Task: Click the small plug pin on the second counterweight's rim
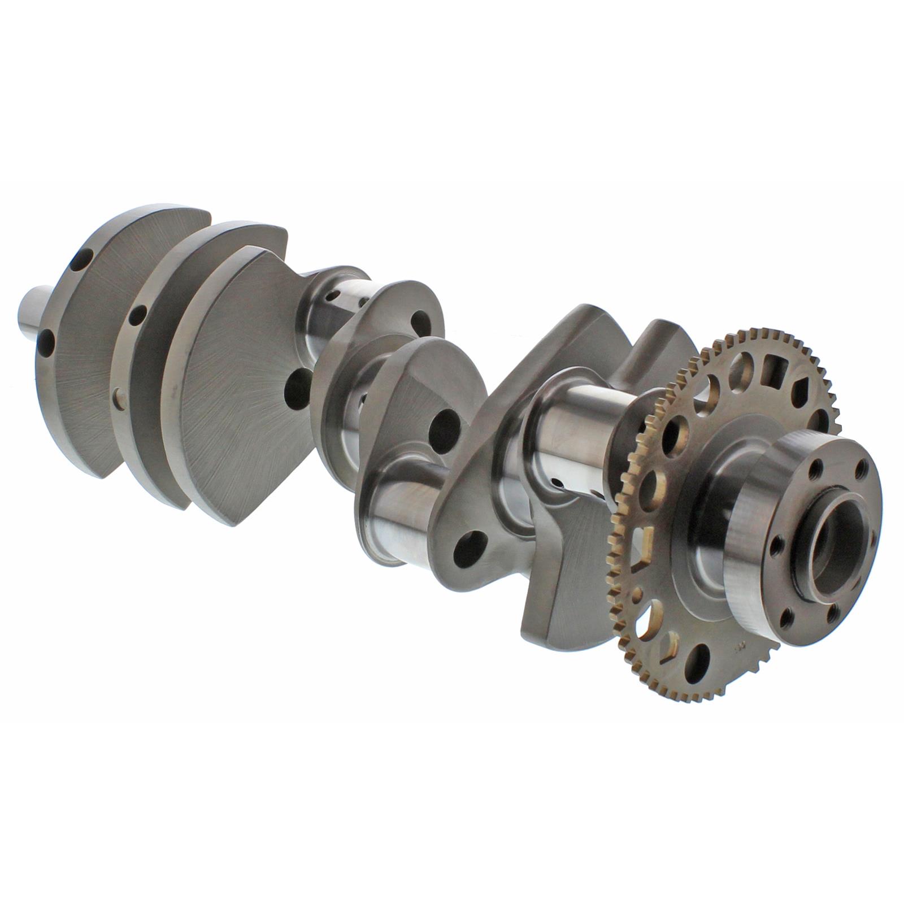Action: click(118, 393)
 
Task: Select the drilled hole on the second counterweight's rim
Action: click(137, 314)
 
